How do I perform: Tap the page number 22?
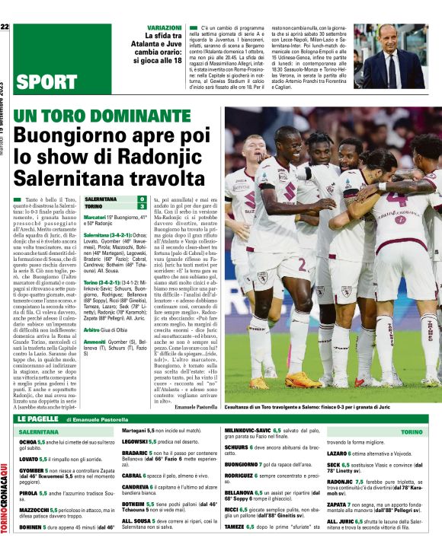click(x=5, y=27)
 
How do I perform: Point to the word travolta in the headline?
click(x=159, y=180)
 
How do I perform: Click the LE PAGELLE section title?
click(x=37, y=419)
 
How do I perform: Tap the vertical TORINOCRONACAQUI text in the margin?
click(x=5, y=495)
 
